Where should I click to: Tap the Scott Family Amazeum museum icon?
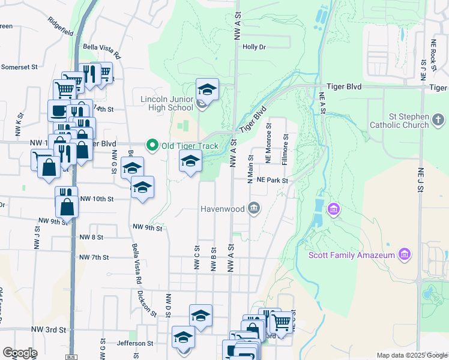point(405,254)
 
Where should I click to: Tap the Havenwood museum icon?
point(254,209)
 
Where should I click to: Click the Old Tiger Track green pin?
point(152,145)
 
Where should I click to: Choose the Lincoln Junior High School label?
point(167,103)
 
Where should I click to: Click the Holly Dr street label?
point(254,47)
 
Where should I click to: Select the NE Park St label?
point(273,180)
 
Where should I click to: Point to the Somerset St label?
point(19,67)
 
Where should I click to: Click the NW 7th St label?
point(94,257)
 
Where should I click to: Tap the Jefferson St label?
point(135,343)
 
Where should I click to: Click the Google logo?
point(19,353)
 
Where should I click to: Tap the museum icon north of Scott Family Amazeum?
point(334,210)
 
